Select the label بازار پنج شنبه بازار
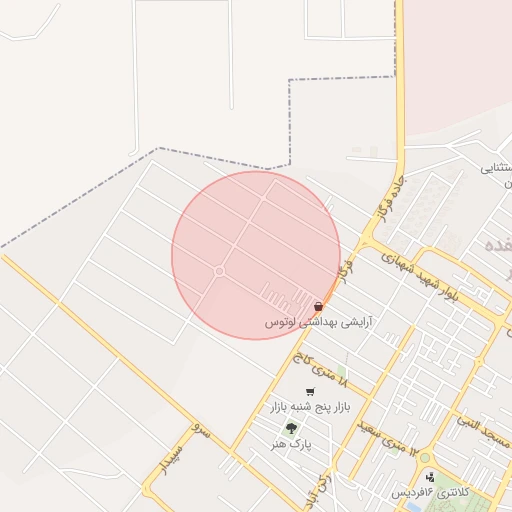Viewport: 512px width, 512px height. (310, 408)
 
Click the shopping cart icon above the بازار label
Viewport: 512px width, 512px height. (310, 391)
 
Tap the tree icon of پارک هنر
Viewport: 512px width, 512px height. (292, 428)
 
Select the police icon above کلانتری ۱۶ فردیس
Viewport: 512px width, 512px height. (430, 478)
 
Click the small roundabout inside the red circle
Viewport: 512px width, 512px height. (219, 271)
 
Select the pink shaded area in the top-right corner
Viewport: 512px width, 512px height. (460, 60)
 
